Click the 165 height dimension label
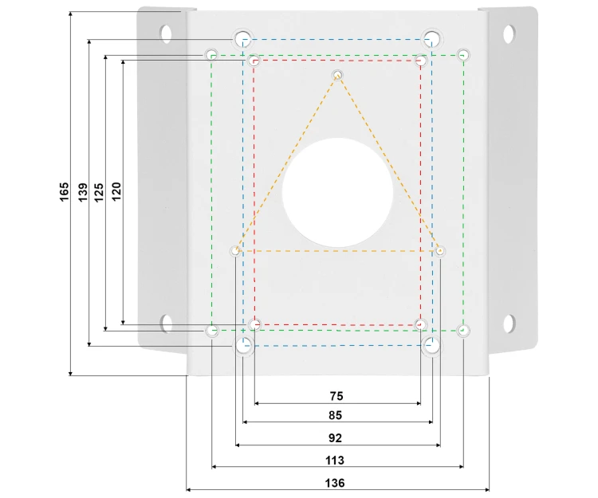tap(65, 192)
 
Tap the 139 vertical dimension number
tap(83, 192)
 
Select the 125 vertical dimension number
tap(99, 192)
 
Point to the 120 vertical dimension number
tap(116, 191)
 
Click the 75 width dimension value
tap(336, 396)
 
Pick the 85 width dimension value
tap(335, 415)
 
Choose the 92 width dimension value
tap(335, 438)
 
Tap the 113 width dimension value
tap(335, 461)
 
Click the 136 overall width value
tap(335, 483)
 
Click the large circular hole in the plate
tap(337, 193)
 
